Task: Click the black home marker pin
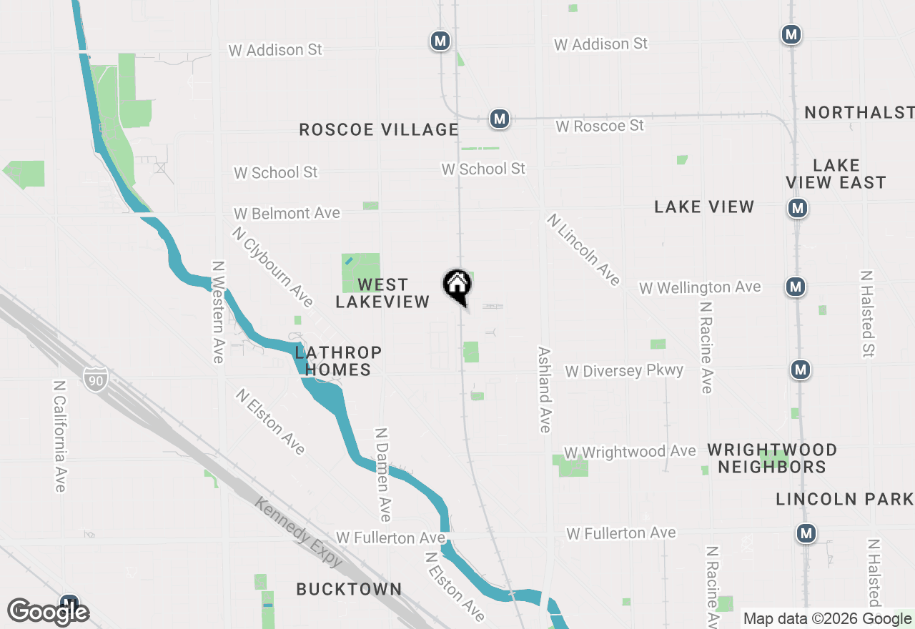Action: click(457, 286)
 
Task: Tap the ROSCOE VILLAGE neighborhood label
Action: click(379, 129)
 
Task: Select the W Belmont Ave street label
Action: click(287, 213)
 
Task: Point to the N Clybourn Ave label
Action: click(272, 267)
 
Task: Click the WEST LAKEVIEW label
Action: click(382, 294)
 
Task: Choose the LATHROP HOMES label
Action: click(338, 361)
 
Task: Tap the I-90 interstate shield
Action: click(95, 379)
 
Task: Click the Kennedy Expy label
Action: click(300, 532)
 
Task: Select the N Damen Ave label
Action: click(384, 475)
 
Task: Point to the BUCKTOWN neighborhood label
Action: click(350, 589)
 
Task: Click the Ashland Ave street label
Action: click(545, 390)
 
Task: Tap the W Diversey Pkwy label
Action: click(624, 371)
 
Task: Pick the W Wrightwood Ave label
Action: click(630, 452)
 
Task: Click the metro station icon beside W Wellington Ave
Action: click(795, 287)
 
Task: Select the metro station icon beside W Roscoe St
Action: click(499, 119)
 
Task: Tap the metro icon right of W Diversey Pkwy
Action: click(801, 370)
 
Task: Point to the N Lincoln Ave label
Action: click(583, 249)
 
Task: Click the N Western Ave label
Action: click(218, 312)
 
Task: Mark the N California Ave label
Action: click(60, 435)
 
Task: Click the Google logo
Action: click(49, 612)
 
